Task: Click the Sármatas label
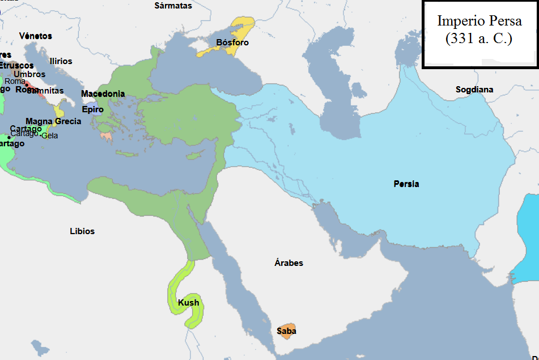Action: pyautogui.click(x=173, y=6)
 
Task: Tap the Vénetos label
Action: pyautogui.click(x=35, y=36)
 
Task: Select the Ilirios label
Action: pyautogui.click(x=61, y=61)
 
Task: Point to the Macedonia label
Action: pyautogui.click(x=103, y=94)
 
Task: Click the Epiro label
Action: pyautogui.click(x=92, y=109)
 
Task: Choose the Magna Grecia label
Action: pyautogui.click(x=53, y=121)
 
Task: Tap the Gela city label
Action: pyautogui.click(x=50, y=135)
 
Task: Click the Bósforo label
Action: pyautogui.click(x=232, y=43)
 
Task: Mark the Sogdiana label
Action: pyautogui.click(x=474, y=90)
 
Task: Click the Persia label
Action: pyautogui.click(x=406, y=184)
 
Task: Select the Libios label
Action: pyautogui.click(x=82, y=231)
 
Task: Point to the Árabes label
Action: pyautogui.click(x=288, y=263)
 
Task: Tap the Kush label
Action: pyautogui.click(x=189, y=303)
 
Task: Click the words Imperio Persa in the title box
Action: pyautogui.click(x=479, y=21)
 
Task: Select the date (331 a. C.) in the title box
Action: pyautogui.click(x=479, y=40)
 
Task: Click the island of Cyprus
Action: pyautogui.click(x=196, y=155)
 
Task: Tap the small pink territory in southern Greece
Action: pyautogui.click(x=106, y=135)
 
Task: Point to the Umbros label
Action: pyautogui.click(x=29, y=74)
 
